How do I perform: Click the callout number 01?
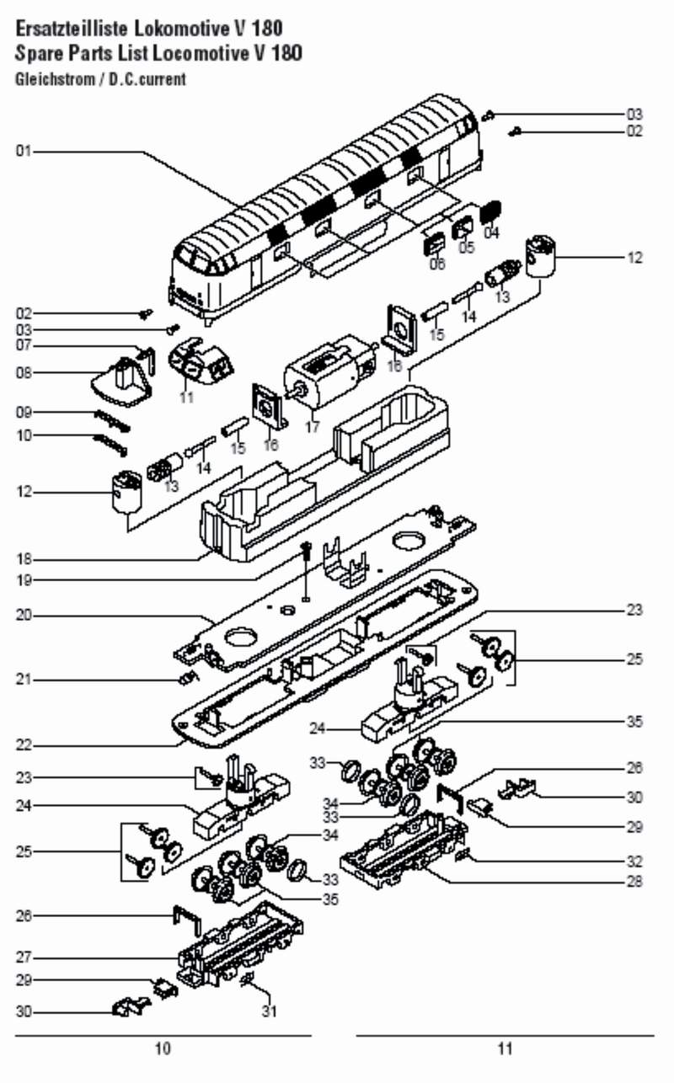(x=23, y=152)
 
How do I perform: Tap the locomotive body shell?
(x=329, y=202)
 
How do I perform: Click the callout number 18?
(x=23, y=558)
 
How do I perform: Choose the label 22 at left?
(x=23, y=744)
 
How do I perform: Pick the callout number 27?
(x=23, y=958)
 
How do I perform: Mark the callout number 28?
(x=634, y=882)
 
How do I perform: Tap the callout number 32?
(x=634, y=862)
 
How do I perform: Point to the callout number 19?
(x=23, y=580)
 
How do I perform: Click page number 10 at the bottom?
(x=163, y=1048)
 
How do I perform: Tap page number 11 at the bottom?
(x=505, y=1048)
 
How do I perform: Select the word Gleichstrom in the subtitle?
(x=51, y=80)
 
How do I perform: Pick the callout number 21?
(x=23, y=680)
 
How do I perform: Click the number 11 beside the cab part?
(x=187, y=397)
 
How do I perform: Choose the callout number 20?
(x=23, y=616)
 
